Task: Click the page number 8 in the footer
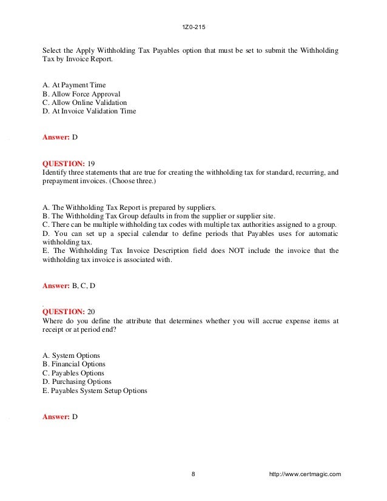click(x=193, y=474)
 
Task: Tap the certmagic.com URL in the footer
click(x=305, y=474)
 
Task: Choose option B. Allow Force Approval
click(x=81, y=94)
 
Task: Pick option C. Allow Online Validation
click(x=85, y=103)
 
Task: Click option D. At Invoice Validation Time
click(x=89, y=111)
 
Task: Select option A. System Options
click(x=72, y=355)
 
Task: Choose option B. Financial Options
click(x=74, y=364)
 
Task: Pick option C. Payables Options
click(x=73, y=373)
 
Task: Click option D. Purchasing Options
click(x=77, y=382)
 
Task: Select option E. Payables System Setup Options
click(x=95, y=391)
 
